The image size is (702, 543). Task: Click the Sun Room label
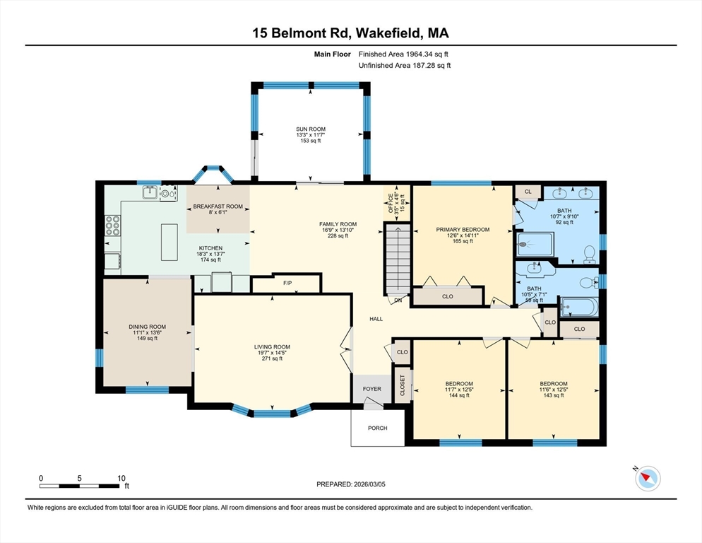pos(311,129)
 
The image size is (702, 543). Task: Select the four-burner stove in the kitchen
pos(112,225)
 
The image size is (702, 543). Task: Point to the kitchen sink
pos(150,192)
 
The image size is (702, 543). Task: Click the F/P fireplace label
pos(287,284)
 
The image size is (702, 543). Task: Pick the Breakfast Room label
pos(218,206)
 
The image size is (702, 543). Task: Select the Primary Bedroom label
pos(463,230)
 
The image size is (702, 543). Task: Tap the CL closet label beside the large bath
pos(528,192)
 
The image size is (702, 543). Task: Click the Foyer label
pos(371,389)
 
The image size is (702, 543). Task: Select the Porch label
pos(378,428)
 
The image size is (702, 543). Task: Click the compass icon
pos(647,479)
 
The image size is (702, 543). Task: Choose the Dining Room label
pos(147,327)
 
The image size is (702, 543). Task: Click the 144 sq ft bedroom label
pos(459,384)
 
